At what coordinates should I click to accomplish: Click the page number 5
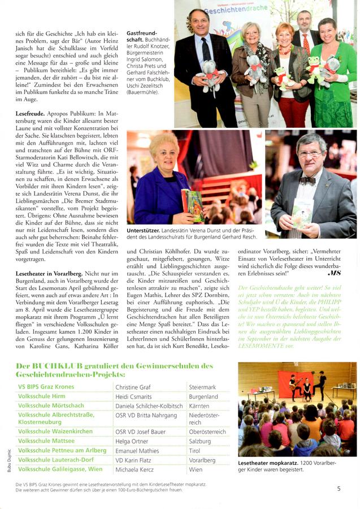point(339,489)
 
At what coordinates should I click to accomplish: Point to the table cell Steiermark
point(205,387)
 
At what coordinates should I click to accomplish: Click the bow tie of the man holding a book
point(308,181)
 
